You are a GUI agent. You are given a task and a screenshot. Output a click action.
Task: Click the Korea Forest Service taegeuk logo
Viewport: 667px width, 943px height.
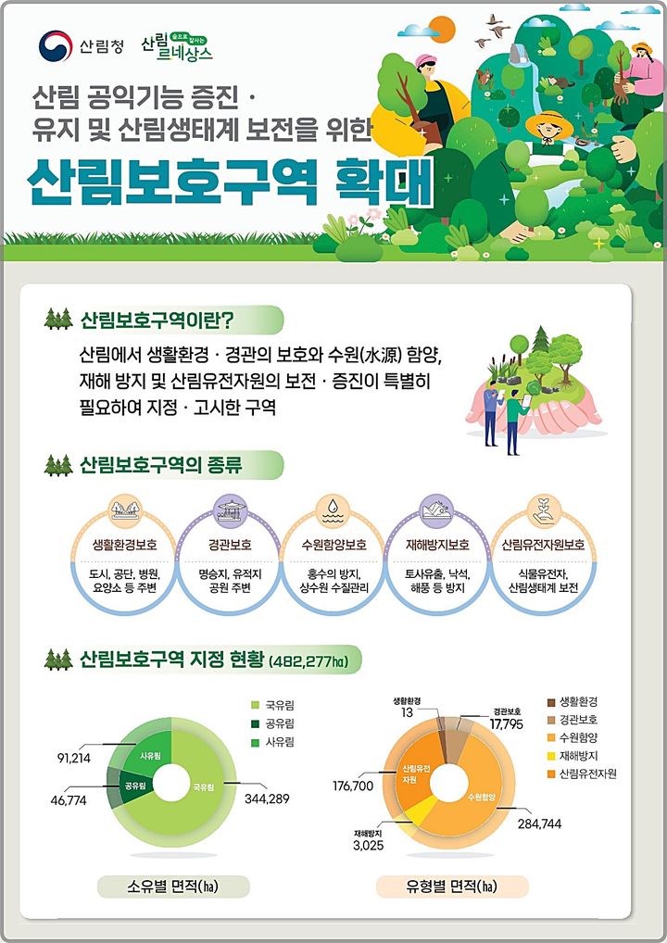tap(56, 45)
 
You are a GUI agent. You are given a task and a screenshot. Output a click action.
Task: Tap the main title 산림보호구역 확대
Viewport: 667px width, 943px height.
tap(231, 183)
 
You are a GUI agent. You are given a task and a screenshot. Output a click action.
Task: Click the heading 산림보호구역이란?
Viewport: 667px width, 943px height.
tap(157, 321)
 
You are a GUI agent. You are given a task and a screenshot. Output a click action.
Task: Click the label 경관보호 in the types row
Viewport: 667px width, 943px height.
tap(229, 545)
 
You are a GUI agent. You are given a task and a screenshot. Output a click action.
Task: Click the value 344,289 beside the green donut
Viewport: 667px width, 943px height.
tap(268, 798)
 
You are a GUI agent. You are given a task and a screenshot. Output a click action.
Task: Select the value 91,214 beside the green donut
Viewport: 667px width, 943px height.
tap(74, 758)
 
